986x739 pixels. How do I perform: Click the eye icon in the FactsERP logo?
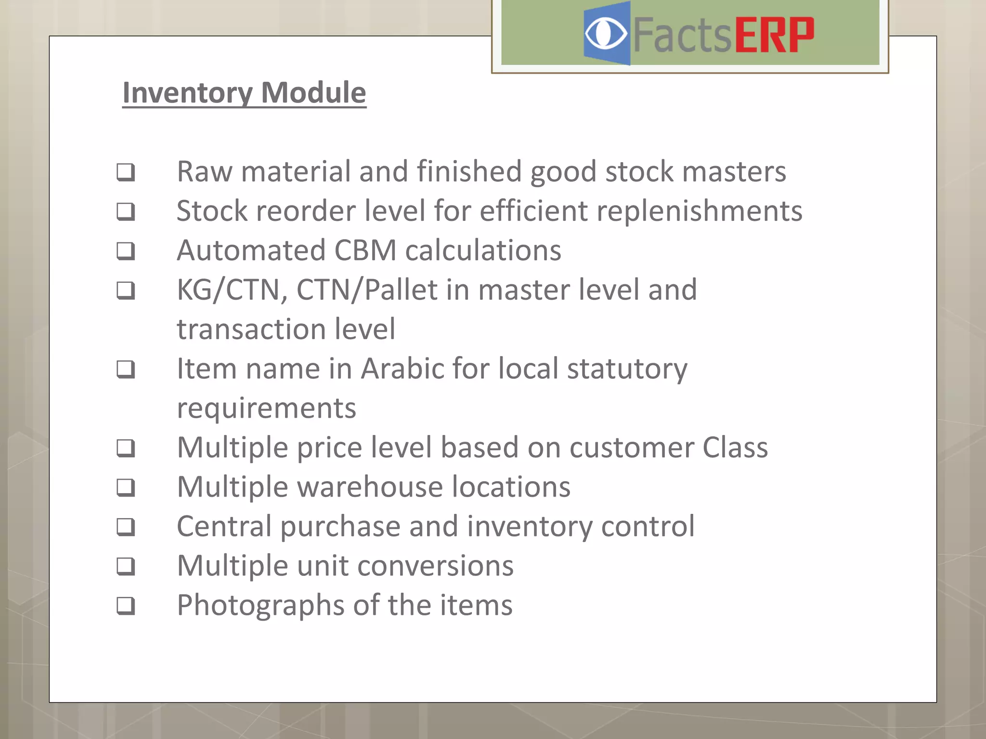pos(606,34)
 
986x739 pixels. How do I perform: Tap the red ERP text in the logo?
pos(774,35)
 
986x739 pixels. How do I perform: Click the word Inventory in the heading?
pos(187,92)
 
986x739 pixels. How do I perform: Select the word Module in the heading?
pos(313,92)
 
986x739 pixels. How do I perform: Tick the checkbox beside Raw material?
pos(126,172)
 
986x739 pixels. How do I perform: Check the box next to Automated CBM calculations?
pos(126,251)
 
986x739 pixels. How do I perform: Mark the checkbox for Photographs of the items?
pos(126,605)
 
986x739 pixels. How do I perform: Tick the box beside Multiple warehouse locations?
pos(126,487)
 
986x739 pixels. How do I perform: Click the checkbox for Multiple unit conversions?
pos(126,566)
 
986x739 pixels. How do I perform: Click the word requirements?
pos(266,409)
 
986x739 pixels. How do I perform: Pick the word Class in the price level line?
pos(735,447)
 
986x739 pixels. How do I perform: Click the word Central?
pos(224,526)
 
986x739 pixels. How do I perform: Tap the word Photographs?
pos(260,605)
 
